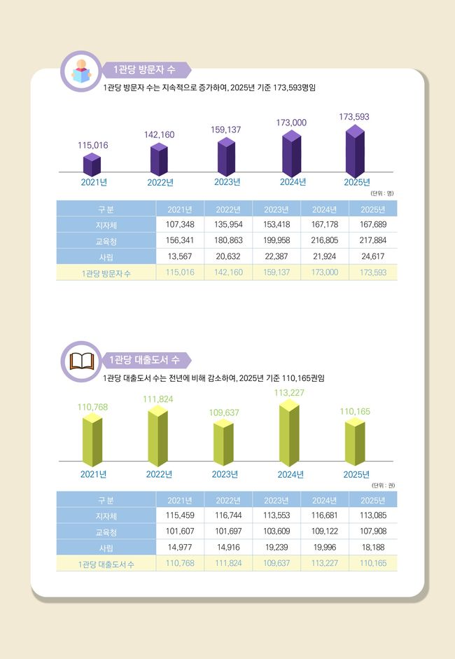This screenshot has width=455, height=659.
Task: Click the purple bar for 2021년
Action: [x=92, y=165]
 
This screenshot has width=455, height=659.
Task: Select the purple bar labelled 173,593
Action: [x=355, y=153]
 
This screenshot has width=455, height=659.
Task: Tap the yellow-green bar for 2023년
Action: [x=223, y=444]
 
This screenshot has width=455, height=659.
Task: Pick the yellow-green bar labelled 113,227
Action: [x=288, y=434]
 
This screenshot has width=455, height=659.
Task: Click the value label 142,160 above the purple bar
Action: [x=159, y=134]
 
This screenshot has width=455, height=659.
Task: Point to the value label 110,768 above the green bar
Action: [x=92, y=407]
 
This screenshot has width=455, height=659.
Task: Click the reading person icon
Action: [x=82, y=71]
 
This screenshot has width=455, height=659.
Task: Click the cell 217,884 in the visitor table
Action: [x=372, y=240]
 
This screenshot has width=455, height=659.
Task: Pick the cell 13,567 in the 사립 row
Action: [x=179, y=256]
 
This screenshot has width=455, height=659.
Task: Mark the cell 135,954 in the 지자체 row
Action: [x=229, y=224]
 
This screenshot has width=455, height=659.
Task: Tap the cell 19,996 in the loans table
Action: [x=325, y=548]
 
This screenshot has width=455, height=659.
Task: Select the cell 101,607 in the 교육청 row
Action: [x=179, y=532]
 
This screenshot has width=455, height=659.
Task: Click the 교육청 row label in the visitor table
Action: [x=106, y=240]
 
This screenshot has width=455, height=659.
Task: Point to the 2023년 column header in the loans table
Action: [x=276, y=500]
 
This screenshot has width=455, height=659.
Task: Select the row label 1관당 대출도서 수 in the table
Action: [x=106, y=564]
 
